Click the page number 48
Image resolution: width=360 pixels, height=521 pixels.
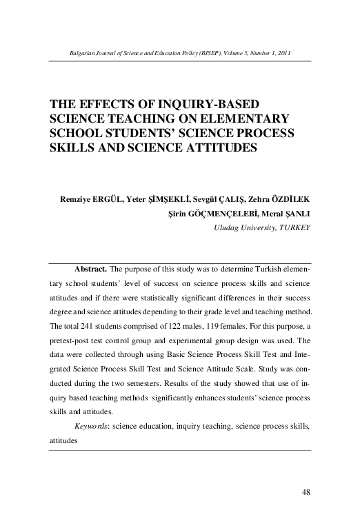pos(308,491)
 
